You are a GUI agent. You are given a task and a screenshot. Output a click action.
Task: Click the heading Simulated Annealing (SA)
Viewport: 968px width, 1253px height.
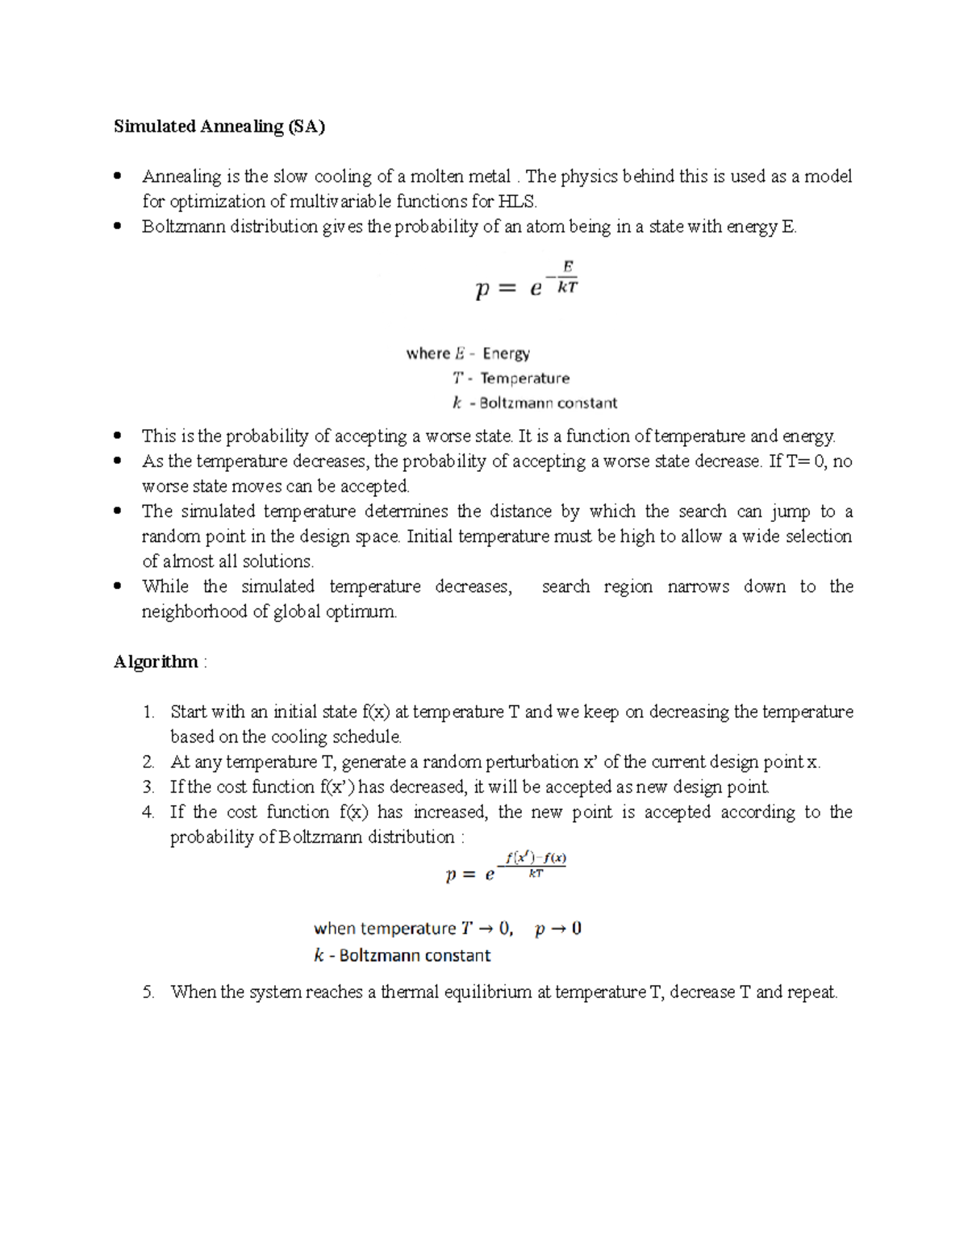pyautogui.click(x=219, y=127)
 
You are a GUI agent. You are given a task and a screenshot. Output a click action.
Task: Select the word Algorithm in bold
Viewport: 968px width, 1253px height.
pyautogui.click(x=156, y=662)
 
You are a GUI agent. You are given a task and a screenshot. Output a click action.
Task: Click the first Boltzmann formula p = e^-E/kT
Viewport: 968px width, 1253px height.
pyautogui.click(x=526, y=280)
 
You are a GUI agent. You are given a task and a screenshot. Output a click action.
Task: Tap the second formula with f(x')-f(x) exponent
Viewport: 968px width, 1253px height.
pyautogui.click(x=507, y=867)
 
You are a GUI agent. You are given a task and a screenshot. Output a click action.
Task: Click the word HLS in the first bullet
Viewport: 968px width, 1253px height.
pyautogui.click(x=516, y=202)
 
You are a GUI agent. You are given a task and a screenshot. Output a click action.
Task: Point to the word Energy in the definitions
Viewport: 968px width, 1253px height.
pyautogui.click(x=506, y=353)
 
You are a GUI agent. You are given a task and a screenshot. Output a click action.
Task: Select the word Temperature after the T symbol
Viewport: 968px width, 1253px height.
pyautogui.click(x=524, y=378)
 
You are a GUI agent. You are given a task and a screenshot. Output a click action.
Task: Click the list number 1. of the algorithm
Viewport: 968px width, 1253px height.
pyautogui.click(x=148, y=712)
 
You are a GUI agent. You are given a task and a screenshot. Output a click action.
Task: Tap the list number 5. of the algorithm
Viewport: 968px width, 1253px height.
pyautogui.click(x=148, y=992)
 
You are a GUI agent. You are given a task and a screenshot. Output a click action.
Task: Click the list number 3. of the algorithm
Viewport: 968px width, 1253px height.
pyautogui.click(x=148, y=787)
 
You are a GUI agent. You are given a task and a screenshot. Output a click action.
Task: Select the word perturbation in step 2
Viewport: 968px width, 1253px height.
pyautogui.click(x=536, y=762)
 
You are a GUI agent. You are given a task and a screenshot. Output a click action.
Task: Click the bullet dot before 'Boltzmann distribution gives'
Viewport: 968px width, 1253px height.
pyautogui.click(x=118, y=227)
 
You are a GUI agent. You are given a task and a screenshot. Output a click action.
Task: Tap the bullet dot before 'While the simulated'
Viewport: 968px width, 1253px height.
pyautogui.click(x=118, y=587)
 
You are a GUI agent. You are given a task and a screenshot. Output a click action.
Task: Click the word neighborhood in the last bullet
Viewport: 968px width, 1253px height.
pyautogui.click(x=194, y=612)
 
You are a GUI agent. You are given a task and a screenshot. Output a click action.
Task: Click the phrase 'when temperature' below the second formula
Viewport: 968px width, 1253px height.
pyautogui.click(x=385, y=929)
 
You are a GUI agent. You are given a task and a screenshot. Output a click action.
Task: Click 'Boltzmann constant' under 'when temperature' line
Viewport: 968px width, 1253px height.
pyautogui.click(x=415, y=956)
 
